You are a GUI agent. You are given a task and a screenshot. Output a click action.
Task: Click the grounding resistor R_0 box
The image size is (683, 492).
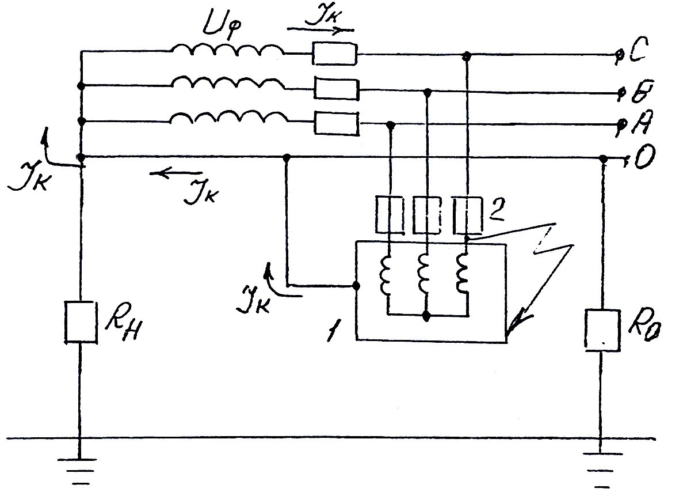[x=602, y=330]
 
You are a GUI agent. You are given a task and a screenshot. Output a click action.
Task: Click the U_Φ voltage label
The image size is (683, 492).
[x=218, y=26]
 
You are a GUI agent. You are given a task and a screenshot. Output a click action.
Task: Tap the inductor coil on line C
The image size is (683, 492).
[x=228, y=52]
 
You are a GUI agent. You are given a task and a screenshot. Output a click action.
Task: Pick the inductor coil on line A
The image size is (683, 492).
[x=228, y=118]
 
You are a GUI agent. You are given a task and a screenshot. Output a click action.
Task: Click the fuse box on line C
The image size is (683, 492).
[x=335, y=54]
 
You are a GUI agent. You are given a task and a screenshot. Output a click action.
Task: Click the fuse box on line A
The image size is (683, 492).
[x=337, y=123]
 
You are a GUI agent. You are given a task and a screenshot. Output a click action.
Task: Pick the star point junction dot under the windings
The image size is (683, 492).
[x=426, y=316]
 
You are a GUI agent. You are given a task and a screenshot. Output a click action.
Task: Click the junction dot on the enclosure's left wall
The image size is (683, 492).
[x=356, y=285]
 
